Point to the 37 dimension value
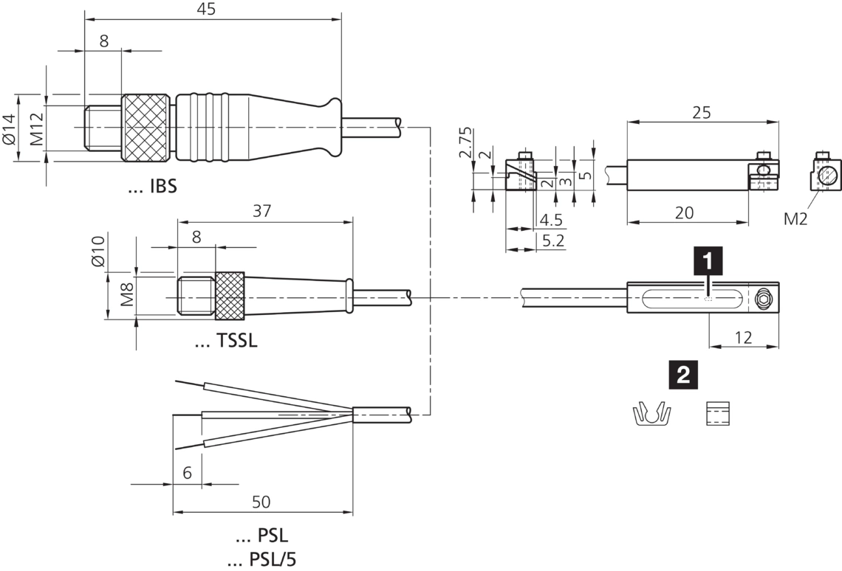261,211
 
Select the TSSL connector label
226,342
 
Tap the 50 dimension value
261,502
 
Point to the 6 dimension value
187,473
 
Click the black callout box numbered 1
708,261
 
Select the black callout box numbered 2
682,375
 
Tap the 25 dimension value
701,113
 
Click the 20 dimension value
685,212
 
